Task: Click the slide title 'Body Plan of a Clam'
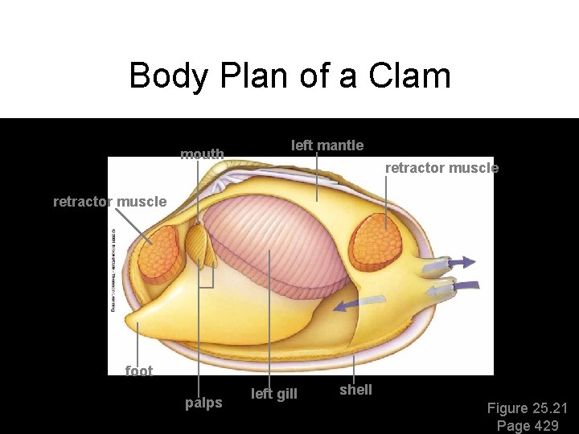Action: [289, 76]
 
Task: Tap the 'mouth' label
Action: [202, 154]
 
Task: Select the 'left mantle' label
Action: [326, 145]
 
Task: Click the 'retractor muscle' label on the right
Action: [441, 168]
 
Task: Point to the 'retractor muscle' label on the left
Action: [109, 202]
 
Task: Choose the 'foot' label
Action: [138, 371]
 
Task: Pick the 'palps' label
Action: [203, 403]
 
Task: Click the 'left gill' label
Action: [274, 394]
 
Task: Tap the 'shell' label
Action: [355, 390]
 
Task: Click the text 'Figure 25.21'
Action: [528, 408]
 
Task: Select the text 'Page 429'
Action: [528, 426]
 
